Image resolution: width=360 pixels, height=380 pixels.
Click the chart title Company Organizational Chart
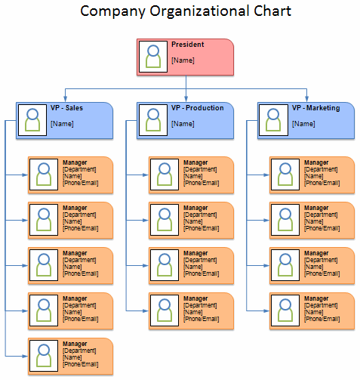pos(185,11)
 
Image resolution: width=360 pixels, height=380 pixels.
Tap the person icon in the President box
pos(153,57)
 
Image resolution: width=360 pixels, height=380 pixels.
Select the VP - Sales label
pos(66,108)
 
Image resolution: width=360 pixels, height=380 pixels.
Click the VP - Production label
pos(197,108)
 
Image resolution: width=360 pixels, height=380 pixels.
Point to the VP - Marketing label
pos(315,108)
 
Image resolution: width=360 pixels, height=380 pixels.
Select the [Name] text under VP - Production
pos(183,123)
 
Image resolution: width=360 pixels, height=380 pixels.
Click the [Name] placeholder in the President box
pos(183,59)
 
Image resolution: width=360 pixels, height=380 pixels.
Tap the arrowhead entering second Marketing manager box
pos(266,221)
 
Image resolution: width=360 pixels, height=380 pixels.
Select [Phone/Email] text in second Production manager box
pos(201,228)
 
